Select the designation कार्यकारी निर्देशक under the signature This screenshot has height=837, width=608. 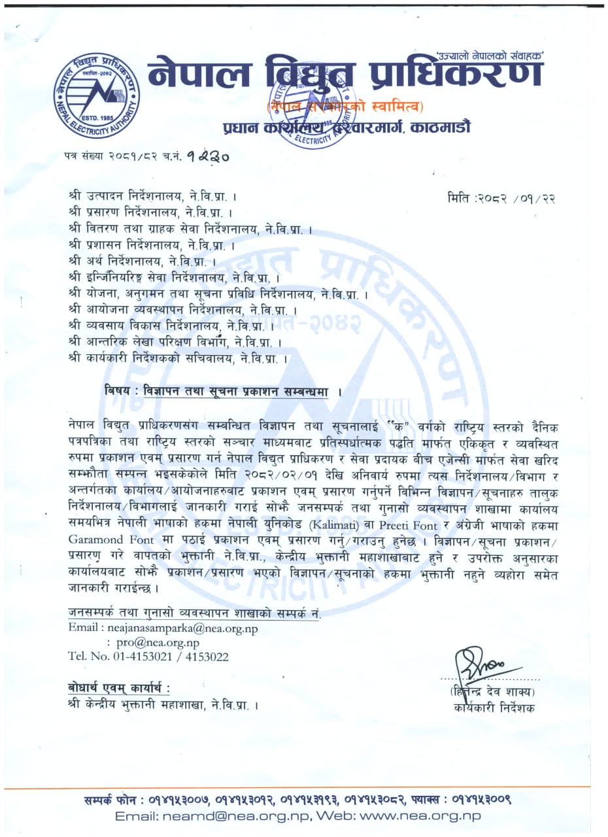click(492, 707)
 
